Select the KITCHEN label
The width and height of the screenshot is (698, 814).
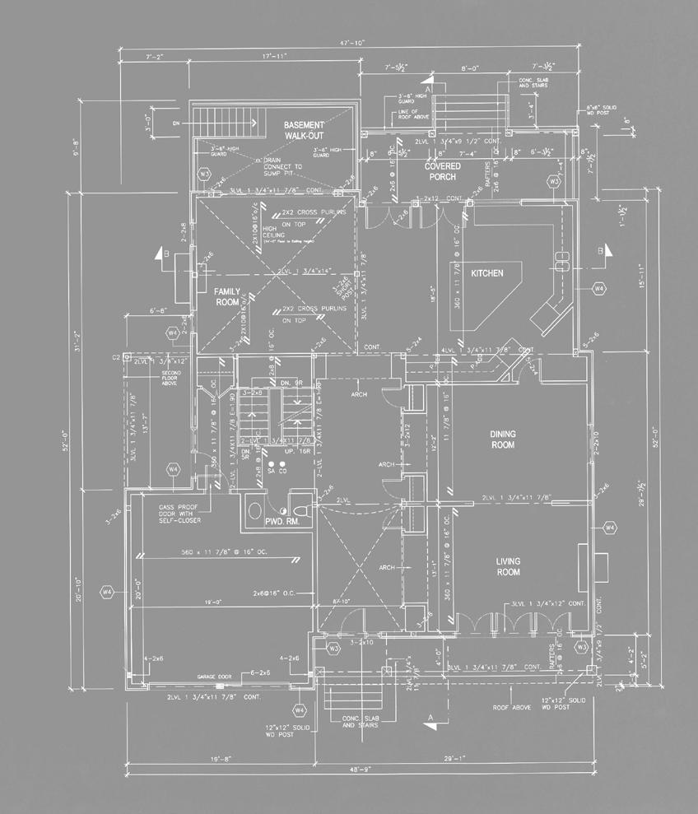[486, 273]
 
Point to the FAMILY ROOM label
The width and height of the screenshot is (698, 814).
[227, 297]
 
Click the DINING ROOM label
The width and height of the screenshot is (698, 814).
[502, 440]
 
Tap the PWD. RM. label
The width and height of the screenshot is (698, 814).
[280, 522]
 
